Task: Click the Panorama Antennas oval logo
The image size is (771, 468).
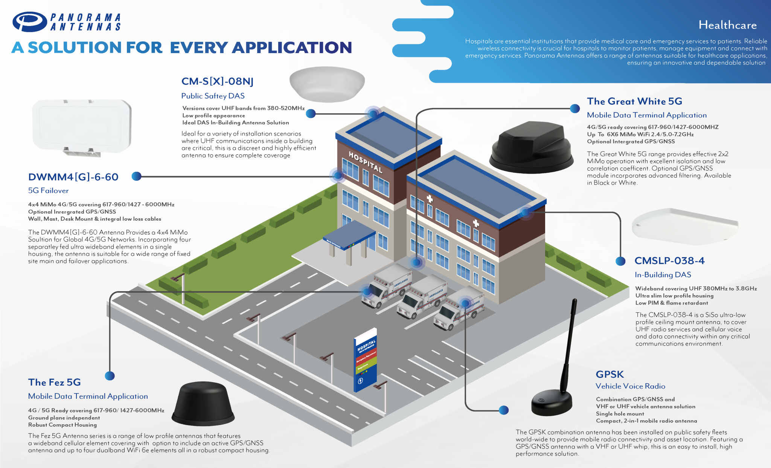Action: click(x=30, y=21)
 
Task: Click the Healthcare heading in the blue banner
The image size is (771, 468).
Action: click(x=727, y=25)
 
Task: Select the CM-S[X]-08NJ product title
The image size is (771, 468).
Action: click(x=217, y=81)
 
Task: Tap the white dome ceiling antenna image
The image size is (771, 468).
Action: click(x=327, y=84)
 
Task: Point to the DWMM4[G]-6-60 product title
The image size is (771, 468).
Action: click(x=73, y=177)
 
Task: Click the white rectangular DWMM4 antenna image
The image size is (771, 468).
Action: click(x=82, y=127)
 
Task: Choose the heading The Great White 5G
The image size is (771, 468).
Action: click(x=634, y=101)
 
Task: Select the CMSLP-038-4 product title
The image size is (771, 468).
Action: click(x=669, y=261)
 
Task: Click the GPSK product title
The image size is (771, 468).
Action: click(x=609, y=374)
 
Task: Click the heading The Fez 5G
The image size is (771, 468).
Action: click(x=55, y=382)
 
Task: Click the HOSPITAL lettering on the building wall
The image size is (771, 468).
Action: click(x=366, y=162)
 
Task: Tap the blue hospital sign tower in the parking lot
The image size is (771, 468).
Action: click(x=366, y=360)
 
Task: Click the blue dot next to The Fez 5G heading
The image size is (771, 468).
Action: click(x=110, y=376)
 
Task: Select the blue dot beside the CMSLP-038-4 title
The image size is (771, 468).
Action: click(x=620, y=261)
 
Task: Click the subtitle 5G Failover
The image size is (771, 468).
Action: click(x=48, y=191)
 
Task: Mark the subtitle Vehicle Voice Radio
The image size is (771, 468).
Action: click(x=630, y=386)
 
